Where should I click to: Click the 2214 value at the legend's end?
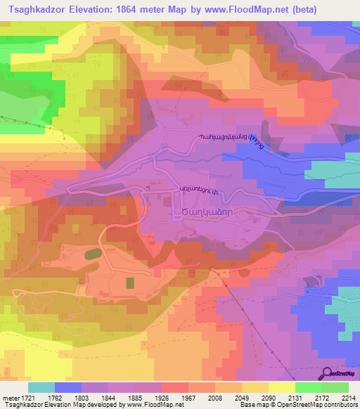(349, 397)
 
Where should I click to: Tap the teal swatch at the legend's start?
(41, 387)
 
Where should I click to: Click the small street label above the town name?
(199, 188)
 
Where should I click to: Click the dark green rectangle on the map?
(130, 283)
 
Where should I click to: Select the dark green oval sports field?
(92, 254)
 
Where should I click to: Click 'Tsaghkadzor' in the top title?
(37, 10)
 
